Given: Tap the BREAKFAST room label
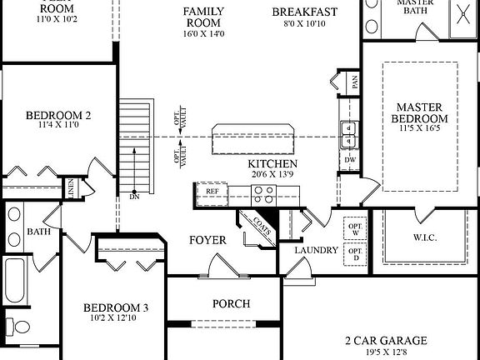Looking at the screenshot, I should point(304,12).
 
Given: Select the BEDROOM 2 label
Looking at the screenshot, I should point(58,116).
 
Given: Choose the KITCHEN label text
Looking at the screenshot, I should point(273,164).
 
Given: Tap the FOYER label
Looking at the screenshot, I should point(207,241).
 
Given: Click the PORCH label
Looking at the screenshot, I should point(231,304).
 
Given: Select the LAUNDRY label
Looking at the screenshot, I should point(316,250).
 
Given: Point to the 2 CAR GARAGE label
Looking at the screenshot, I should point(386,340).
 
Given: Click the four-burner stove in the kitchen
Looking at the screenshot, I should point(263,194).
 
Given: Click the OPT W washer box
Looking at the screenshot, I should point(354,227).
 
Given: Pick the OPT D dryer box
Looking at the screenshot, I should point(354,253).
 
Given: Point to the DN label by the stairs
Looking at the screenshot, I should point(134,197).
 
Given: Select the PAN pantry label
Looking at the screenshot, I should point(354,82).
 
